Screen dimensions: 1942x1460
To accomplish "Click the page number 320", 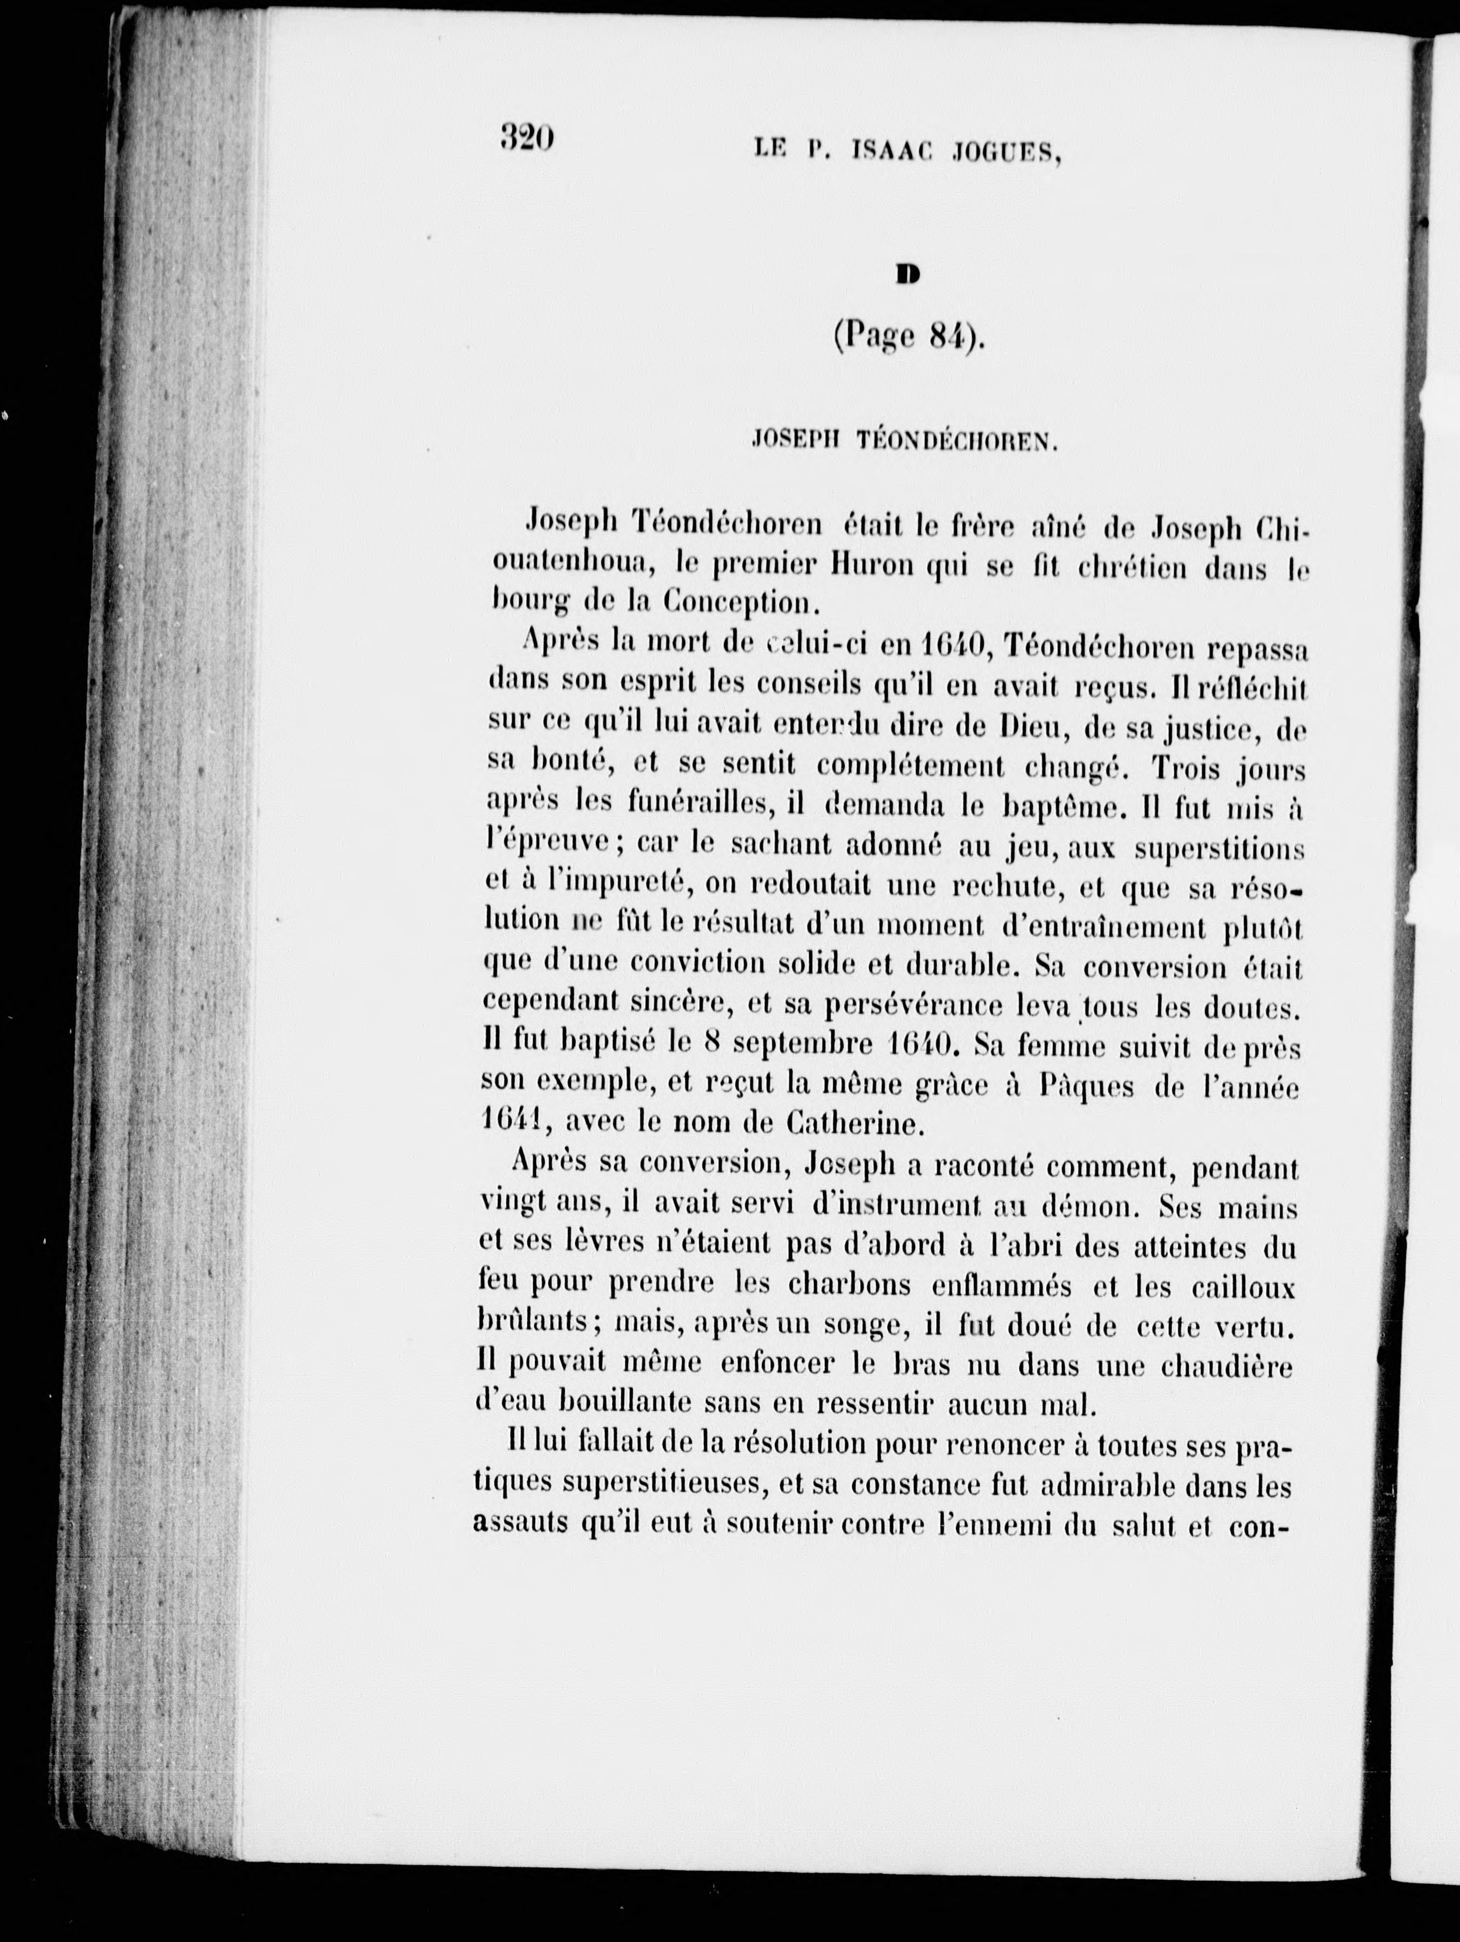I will pyautogui.click(x=527, y=138).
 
